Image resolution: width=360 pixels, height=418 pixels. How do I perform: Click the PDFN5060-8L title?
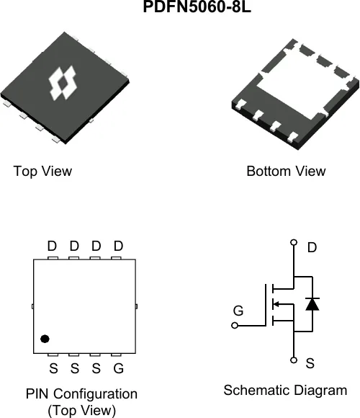coord(197,6)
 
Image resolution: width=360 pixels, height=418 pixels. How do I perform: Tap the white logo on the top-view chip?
coord(63,83)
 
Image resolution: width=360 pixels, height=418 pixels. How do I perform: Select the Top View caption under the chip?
coord(42,172)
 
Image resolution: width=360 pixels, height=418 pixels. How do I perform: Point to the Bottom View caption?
coord(286,171)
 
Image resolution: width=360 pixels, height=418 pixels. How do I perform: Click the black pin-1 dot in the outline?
coord(45,339)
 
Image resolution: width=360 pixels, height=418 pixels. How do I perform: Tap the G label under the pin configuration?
coord(119,368)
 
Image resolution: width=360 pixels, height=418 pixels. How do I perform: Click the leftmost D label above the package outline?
coord(52,246)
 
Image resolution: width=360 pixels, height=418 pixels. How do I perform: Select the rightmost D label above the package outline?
coord(118,246)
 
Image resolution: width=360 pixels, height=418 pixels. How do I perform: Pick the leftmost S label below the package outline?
coord(53,368)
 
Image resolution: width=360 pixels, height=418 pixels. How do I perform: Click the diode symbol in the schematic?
coord(312,304)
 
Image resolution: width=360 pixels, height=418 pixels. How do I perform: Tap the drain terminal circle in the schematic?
coord(294,242)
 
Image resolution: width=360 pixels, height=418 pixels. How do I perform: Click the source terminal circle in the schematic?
coord(294,360)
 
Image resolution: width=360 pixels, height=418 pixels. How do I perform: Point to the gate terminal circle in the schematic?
coord(235,326)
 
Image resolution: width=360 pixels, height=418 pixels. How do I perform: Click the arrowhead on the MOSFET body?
coord(276,304)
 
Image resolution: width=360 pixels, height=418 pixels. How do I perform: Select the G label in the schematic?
coord(238,311)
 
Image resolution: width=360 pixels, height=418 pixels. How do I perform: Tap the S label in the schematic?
coord(310,363)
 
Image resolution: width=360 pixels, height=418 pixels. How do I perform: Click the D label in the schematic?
coord(312,248)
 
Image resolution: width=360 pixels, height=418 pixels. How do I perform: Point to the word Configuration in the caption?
coord(96,394)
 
